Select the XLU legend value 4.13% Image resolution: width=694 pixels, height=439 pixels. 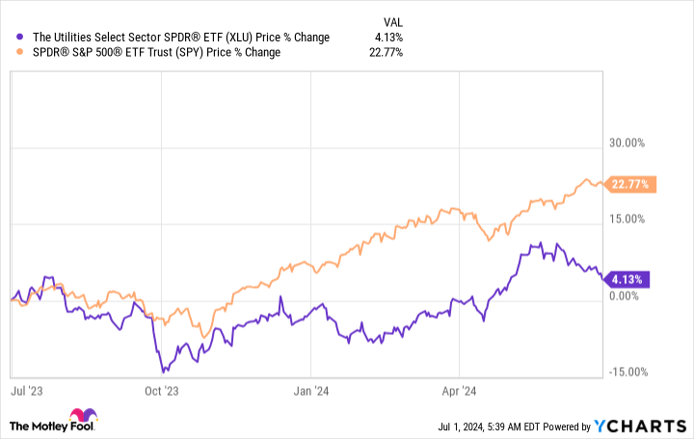click(x=389, y=38)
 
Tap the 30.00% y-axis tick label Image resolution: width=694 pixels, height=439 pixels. click(x=626, y=143)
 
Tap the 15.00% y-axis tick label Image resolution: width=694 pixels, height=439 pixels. click(x=626, y=219)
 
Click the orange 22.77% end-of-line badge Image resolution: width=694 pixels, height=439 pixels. click(x=631, y=184)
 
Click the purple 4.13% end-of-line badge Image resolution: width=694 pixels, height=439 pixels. click(x=628, y=279)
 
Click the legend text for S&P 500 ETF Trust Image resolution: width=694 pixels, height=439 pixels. click(x=153, y=52)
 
